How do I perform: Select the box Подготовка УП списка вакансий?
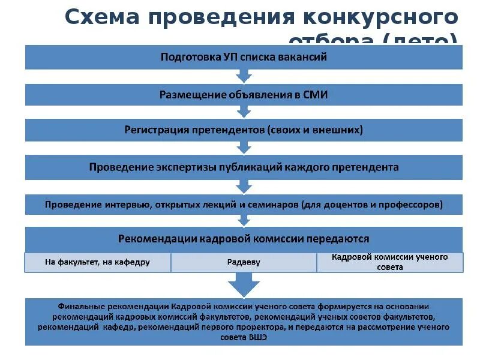pyautogui.click(x=244, y=58)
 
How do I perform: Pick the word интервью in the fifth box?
pyautogui.click(x=125, y=204)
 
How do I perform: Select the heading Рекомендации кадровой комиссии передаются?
pyautogui.click(x=244, y=238)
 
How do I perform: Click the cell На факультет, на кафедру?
pyautogui.click(x=98, y=262)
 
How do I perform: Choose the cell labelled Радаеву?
pyautogui.click(x=244, y=262)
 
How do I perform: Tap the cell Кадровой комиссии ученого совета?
pyautogui.click(x=390, y=262)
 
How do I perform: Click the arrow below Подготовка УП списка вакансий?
pyautogui.click(x=244, y=76)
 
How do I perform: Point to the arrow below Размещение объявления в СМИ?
pyautogui.click(x=244, y=112)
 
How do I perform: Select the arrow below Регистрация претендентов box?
pyautogui.click(x=244, y=147)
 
